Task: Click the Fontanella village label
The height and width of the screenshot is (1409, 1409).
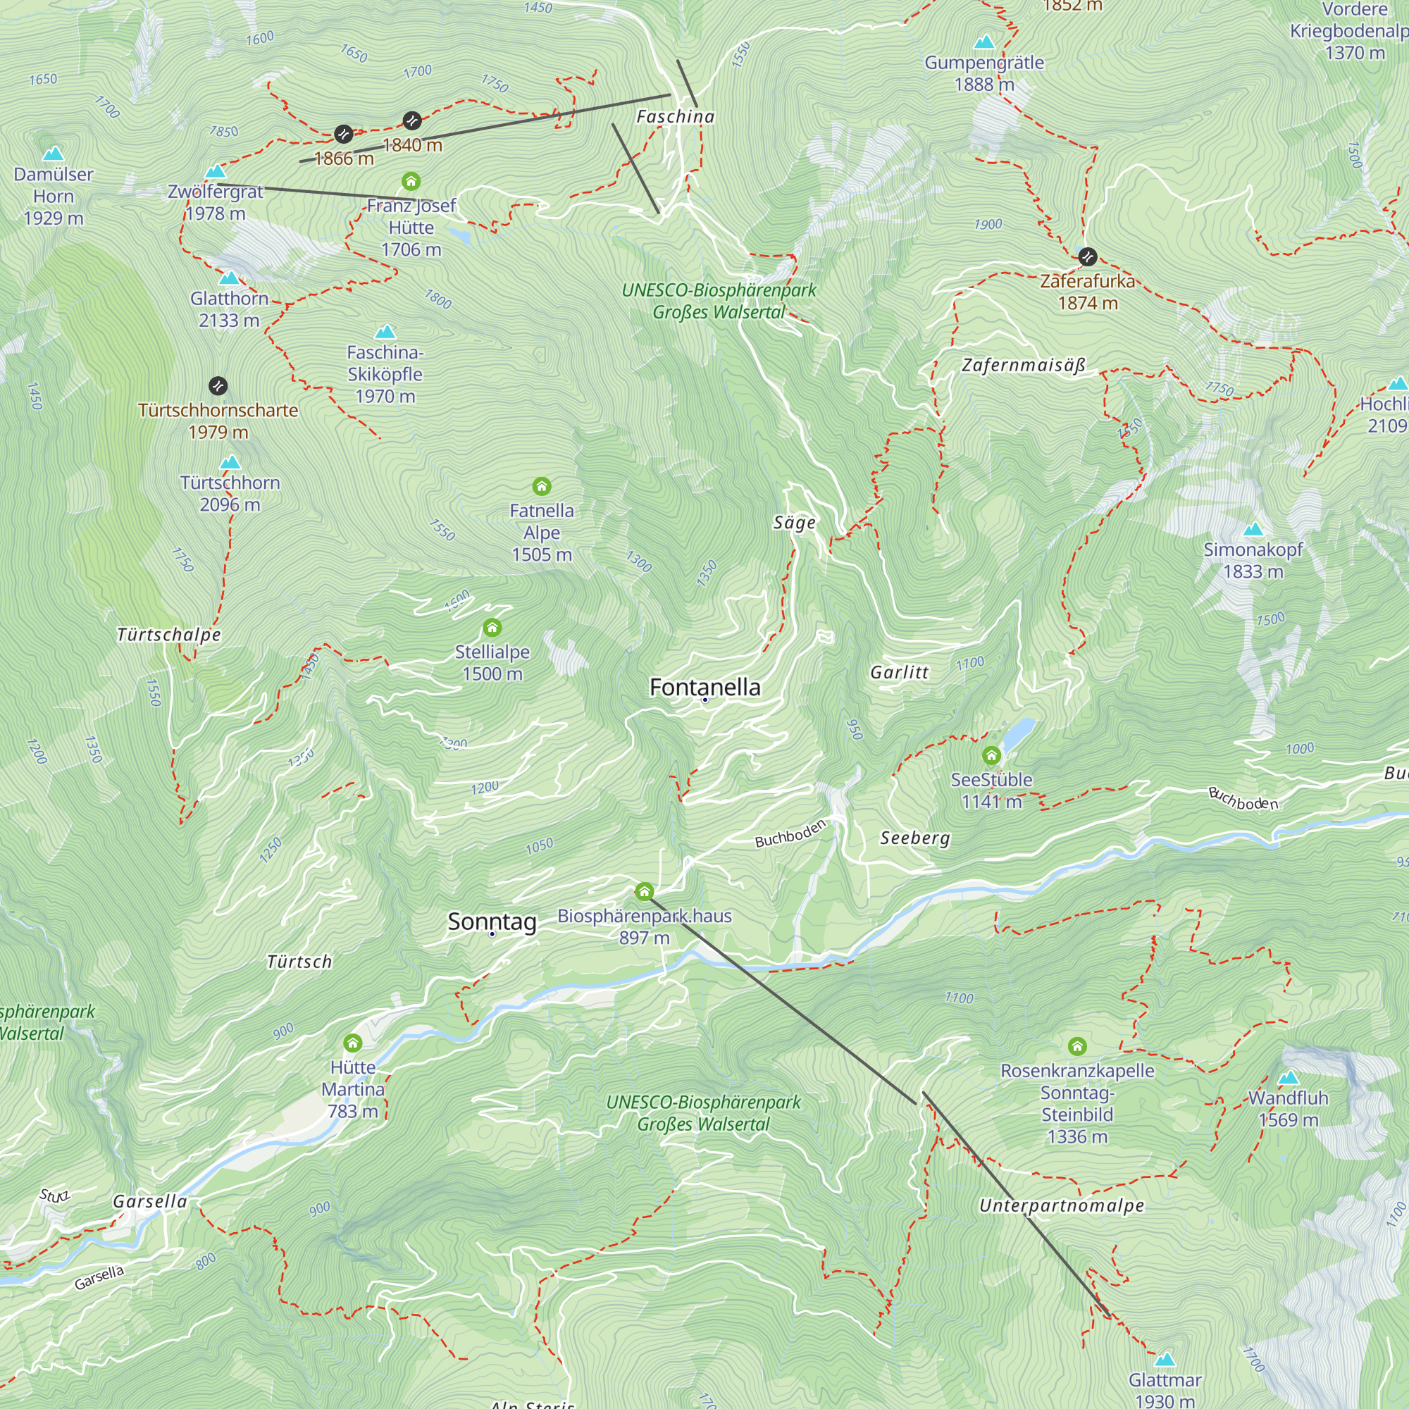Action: coord(704,687)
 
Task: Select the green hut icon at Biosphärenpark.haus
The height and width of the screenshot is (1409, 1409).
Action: coord(644,891)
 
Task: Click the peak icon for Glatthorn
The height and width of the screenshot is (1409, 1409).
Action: coord(229,278)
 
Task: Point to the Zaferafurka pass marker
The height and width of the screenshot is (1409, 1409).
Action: coord(1087,256)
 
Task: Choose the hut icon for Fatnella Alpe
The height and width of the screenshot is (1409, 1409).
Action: coord(541,485)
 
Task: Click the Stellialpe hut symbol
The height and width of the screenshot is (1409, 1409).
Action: coord(492,627)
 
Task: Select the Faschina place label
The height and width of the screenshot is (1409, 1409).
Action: coord(676,117)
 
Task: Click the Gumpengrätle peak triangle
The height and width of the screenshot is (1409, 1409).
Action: coord(985,42)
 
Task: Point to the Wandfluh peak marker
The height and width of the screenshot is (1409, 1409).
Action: coord(1289,1078)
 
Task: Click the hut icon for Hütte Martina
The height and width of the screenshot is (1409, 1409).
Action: coord(353,1042)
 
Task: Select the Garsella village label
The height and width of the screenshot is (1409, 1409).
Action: coord(150,1201)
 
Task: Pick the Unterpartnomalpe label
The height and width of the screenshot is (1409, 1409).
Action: coord(1061,1205)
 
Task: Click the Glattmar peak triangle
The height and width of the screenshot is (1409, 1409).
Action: coord(1165,1360)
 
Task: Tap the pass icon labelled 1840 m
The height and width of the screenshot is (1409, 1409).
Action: coord(412,120)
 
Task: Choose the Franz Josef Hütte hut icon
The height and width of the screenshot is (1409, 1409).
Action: coord(411,181)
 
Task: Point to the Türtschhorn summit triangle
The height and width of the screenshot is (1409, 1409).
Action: coord(230,462)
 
